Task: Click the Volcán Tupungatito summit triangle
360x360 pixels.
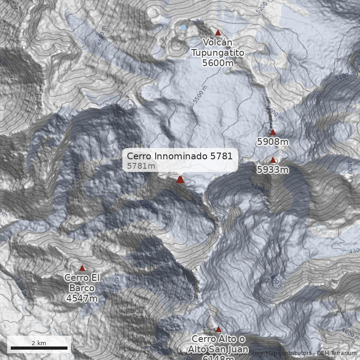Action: tap(218, 32)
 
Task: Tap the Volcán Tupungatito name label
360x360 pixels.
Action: tap(218, 47)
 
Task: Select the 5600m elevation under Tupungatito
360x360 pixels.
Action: tap(218, 63)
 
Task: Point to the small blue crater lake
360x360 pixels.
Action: tap(183, 28)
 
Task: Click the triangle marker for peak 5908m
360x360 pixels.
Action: tap(273, 132)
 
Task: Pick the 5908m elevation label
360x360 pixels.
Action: tap(273, 142)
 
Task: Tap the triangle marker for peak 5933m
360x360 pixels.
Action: tap(273, 160)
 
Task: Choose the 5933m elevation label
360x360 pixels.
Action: tap(273, 170)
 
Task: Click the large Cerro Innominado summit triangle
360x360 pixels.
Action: tap(180, 180)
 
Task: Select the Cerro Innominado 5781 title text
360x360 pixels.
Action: tap(180, 156)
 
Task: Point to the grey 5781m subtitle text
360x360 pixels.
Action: tap(141, 166)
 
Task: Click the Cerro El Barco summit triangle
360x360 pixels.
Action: tap(82, 268)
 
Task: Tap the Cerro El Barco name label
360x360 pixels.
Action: tap(82, 283)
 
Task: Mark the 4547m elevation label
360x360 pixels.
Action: tap(82, 298)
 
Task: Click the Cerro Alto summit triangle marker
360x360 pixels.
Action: tap(218, 329)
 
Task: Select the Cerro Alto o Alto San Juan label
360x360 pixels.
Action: tap(218, 344)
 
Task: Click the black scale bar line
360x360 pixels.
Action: tap(39, 348)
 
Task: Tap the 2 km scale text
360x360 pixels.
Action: tap(39, 343)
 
